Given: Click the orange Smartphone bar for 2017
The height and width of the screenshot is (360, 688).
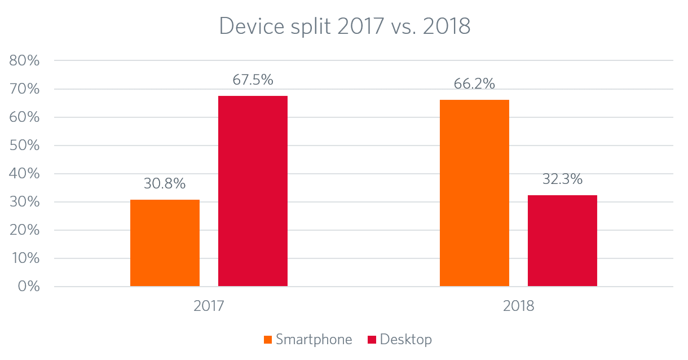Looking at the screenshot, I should tap(165, 243).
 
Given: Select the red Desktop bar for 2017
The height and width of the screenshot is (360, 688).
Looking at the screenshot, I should tap(253, 191).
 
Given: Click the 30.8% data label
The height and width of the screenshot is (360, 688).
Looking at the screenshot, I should tap(165, 184).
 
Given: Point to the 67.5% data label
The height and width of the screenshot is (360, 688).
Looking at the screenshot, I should tap(253, 80).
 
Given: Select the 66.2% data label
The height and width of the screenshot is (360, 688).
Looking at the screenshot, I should tap(474, 84).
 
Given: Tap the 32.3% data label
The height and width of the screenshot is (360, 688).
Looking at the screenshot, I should tap(562, 180).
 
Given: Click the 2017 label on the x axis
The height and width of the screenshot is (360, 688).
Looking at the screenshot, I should tap(209, 307).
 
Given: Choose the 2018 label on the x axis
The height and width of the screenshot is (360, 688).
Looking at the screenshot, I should tap(518, 307).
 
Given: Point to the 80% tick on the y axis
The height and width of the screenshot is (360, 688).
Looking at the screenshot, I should tap(25, 61).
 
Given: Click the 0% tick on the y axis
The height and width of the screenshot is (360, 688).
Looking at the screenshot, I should tap(28, 287).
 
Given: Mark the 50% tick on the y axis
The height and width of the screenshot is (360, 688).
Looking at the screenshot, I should tap(25, 146).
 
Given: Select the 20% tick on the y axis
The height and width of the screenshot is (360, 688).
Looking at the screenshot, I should tap(25, 230).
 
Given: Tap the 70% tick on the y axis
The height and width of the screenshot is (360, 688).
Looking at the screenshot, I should tap(25, 89).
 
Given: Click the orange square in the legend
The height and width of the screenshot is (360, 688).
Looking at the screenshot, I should tap(268, 340).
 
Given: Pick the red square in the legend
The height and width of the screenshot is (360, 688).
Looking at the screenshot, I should tap(372, 340).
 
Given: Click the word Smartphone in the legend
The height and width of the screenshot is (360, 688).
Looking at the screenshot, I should tap(314, 340).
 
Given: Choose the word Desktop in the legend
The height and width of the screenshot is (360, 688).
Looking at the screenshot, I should tap(406, 340).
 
